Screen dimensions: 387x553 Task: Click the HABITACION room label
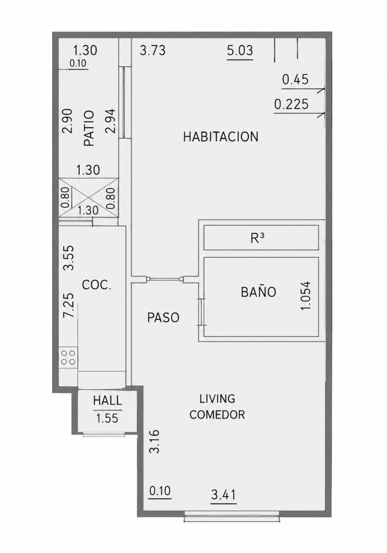(x=220, y=136)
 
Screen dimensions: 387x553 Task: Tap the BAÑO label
(x=258, y=292)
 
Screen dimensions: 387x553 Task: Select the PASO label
(x=163, y=318)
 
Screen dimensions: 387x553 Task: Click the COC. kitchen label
(x=96, y=285)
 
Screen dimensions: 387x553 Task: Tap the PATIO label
(x=89, y=128)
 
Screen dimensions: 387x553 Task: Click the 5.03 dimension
(x=240, y=51)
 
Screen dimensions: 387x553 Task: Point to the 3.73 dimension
(x=153, y=51)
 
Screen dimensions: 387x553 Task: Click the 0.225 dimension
(x=291, y=104)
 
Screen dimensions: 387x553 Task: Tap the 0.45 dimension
(x=295, y=79)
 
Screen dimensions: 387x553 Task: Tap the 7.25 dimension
(x=69, y=305)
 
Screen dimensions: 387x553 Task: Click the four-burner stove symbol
(x=68, y=358)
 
